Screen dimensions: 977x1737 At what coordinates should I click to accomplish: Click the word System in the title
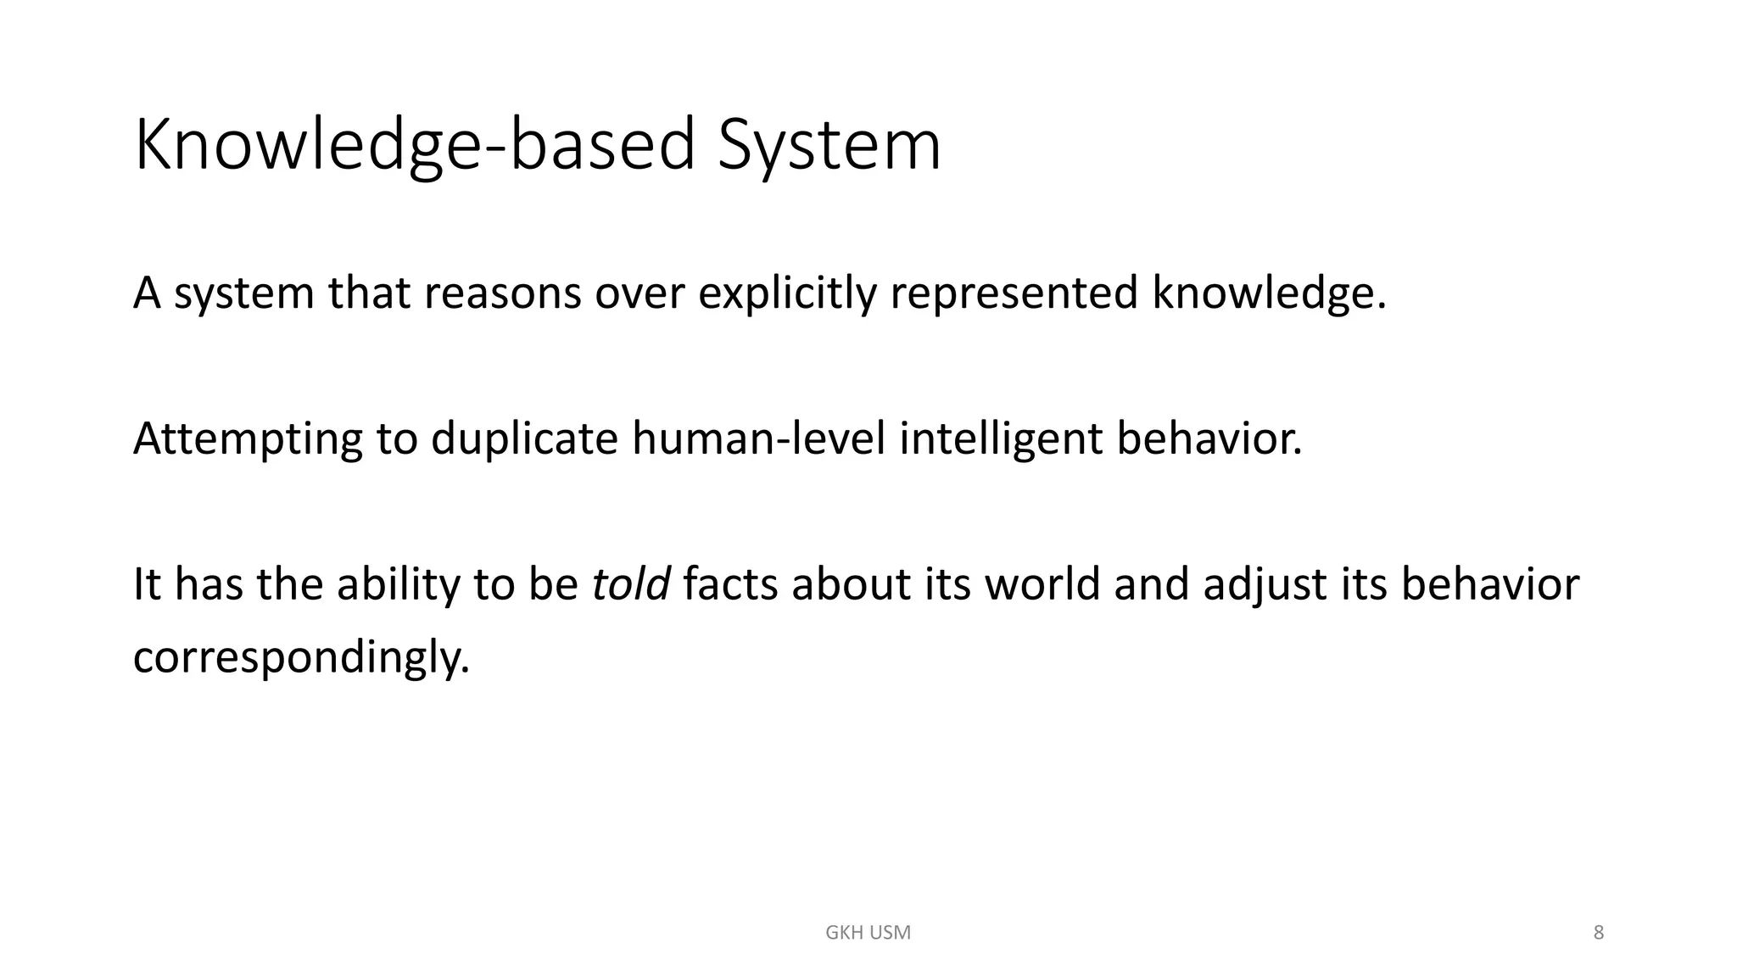829,146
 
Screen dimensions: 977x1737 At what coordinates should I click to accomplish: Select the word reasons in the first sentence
502,293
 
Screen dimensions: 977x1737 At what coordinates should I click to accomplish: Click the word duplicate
524,439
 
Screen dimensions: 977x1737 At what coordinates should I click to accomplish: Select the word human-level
758,439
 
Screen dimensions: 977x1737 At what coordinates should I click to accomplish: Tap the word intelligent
1001,439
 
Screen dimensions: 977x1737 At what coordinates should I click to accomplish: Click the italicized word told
630,585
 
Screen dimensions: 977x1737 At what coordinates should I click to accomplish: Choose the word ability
397,585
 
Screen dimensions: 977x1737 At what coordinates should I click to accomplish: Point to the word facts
730,585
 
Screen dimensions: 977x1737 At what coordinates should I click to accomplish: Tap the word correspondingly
301,657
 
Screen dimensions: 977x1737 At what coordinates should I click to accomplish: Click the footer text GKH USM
868,933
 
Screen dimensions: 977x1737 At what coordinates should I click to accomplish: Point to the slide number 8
1599,933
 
